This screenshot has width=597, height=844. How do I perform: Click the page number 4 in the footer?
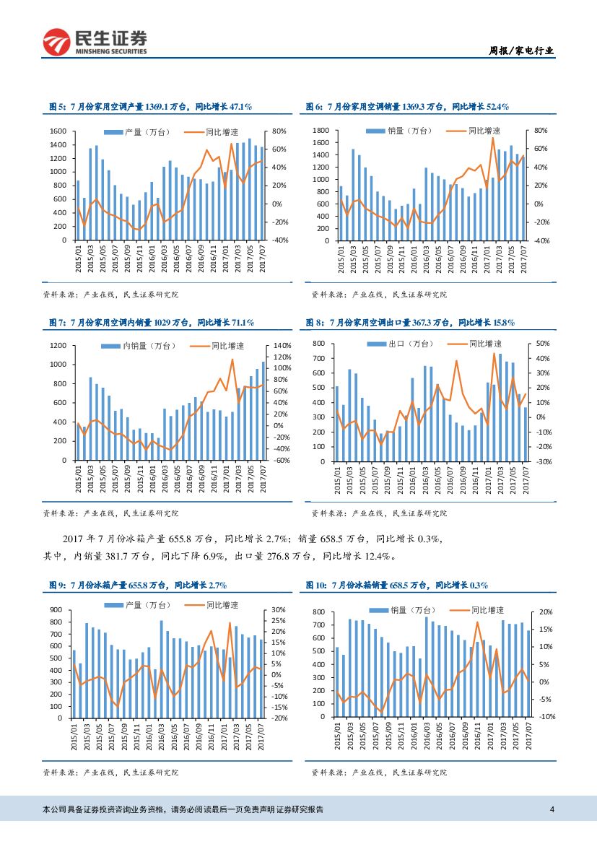point(552,809)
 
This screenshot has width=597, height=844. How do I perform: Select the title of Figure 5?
point(150,107)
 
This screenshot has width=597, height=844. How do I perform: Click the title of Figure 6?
point(408,107)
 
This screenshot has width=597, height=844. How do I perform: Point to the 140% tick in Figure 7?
point(282,346)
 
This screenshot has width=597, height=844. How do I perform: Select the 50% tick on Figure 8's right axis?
point(544,344)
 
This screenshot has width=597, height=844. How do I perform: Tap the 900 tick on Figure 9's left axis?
point(56,610)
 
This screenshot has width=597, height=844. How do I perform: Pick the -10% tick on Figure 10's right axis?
point(546,716)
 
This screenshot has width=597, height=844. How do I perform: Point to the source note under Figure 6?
point(379,294)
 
